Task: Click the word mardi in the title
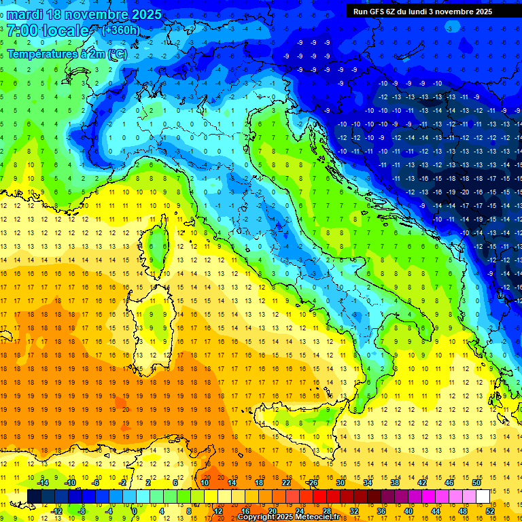click(26, 14)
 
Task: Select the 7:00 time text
click(22, 31)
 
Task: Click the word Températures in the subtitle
click(40, 53)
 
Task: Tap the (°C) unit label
click(116, 53)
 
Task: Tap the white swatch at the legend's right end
click(483, 496)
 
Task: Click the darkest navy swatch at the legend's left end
click(34, 496)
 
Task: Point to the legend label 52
click(490, 510)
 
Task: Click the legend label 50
click(476, 483)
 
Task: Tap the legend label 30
click(341, 483)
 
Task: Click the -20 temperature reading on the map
click(465, 192)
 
